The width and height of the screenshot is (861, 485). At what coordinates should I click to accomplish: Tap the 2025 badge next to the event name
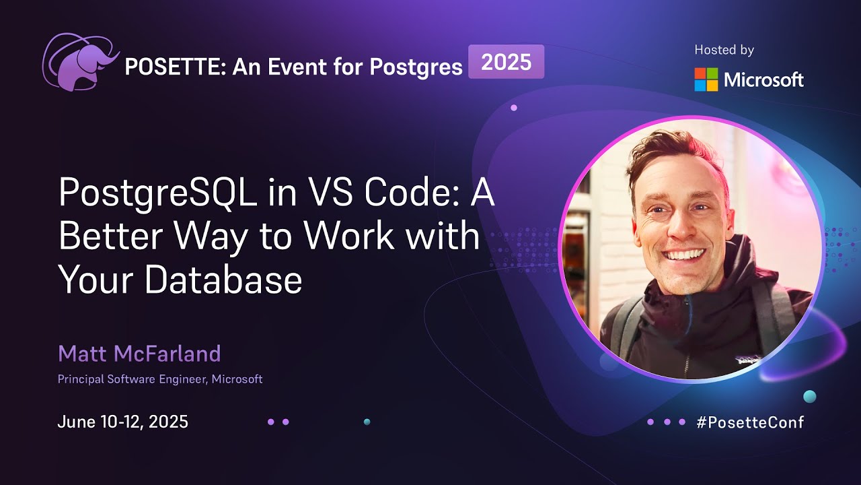click(506, 62)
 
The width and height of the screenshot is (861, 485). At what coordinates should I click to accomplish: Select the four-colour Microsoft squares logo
click(706, 79)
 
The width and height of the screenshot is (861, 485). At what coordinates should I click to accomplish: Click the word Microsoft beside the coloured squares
click(763, 80)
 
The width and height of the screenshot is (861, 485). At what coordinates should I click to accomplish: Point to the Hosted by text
click(724, 50)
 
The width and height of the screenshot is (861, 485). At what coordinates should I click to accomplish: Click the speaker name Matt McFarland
click(139, 353)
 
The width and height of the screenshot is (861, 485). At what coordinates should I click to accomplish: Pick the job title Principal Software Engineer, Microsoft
click(160, 379)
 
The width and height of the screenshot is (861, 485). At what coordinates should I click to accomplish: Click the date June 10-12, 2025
click(122, 422)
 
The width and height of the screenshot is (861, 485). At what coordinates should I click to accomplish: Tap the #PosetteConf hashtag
click(750, 422)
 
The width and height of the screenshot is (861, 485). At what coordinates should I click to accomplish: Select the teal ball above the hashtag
click(810, 396)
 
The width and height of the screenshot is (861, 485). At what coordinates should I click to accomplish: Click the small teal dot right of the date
click(367, 422)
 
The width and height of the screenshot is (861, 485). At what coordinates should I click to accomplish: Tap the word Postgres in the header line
click(418, 67)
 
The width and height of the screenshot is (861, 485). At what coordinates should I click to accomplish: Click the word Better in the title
click(108, 237)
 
